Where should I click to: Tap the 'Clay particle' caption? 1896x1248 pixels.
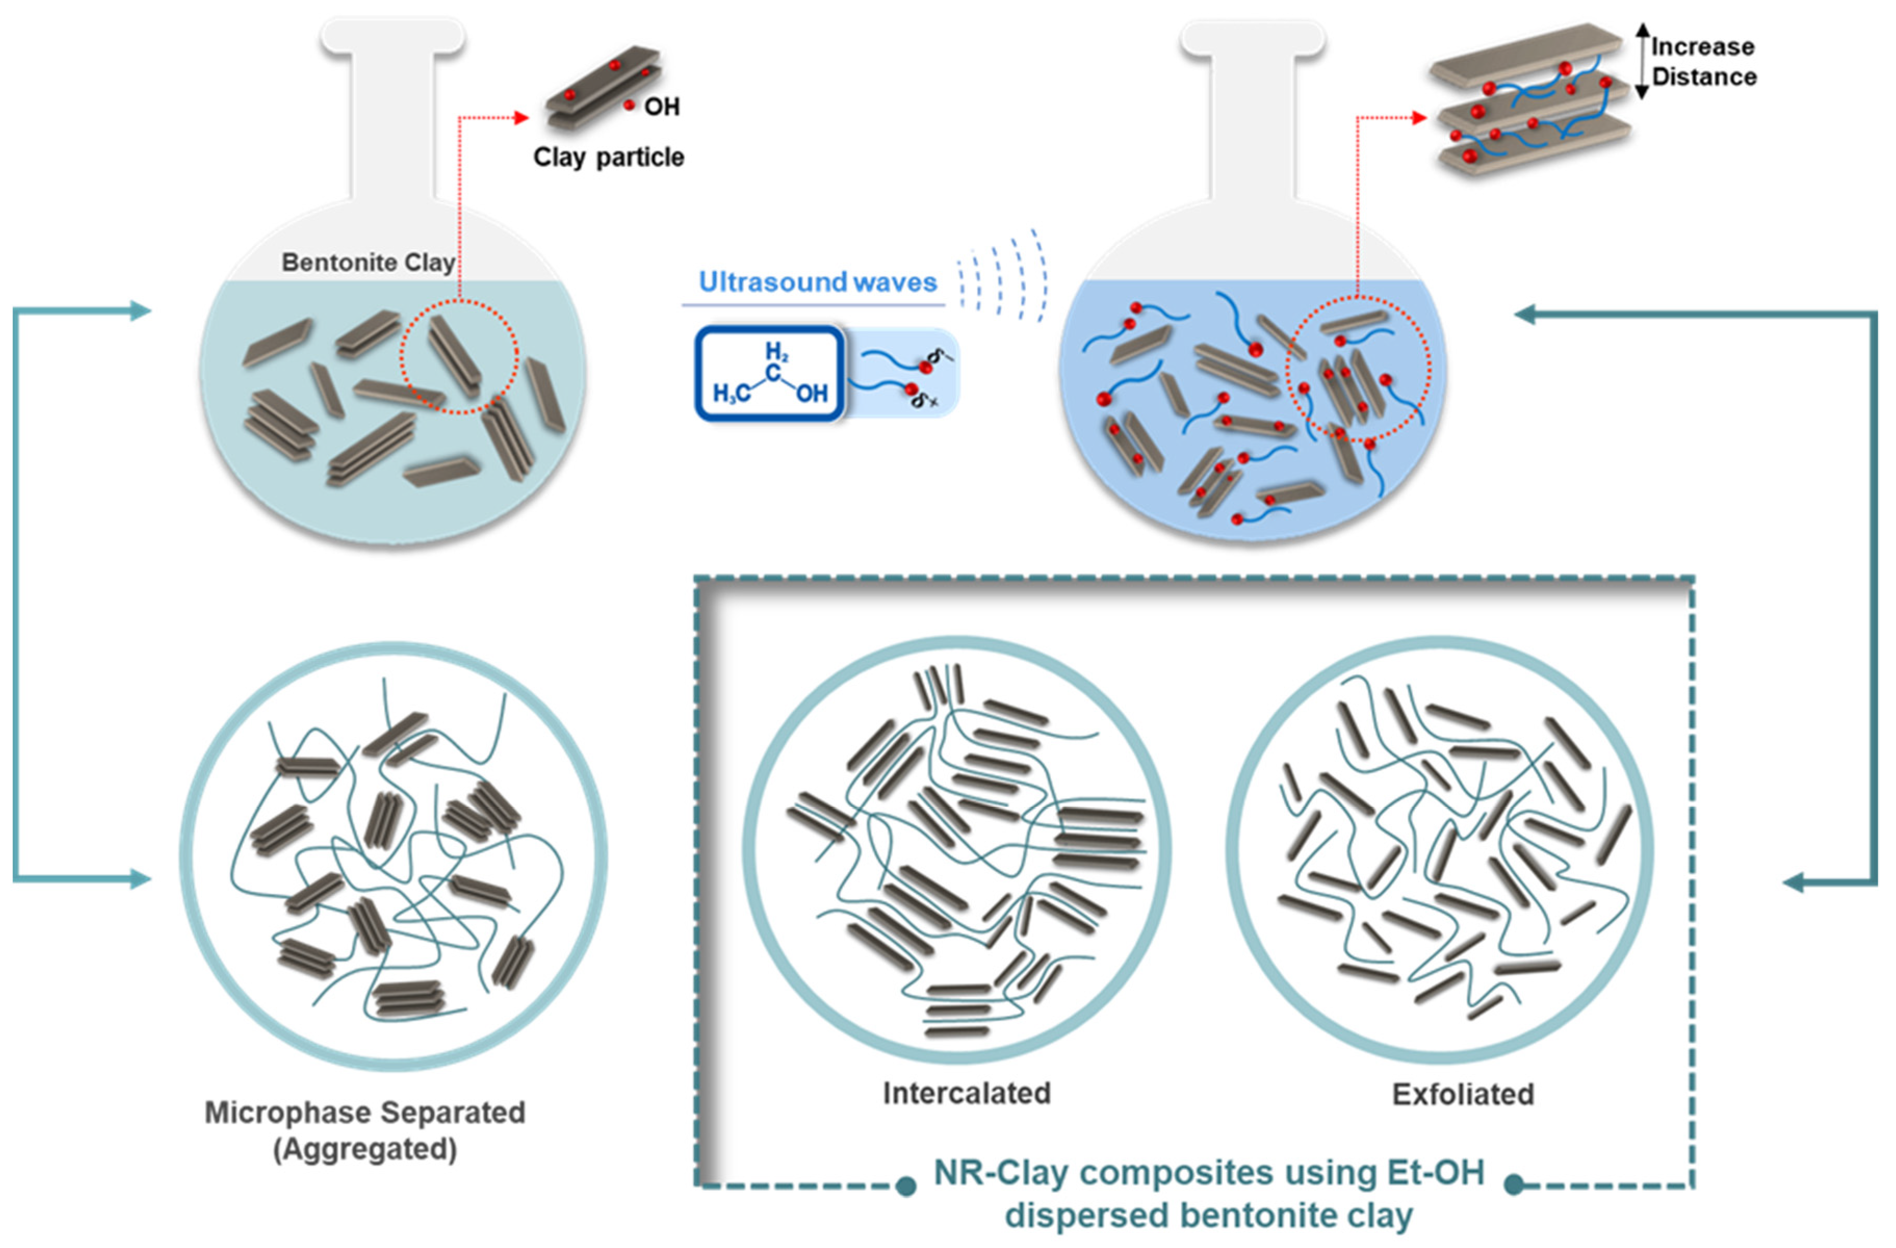(608, 157)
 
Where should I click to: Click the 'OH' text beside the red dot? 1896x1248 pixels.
(661, 107)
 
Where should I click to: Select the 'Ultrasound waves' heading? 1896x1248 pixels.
(817, 283)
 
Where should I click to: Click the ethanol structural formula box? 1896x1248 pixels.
(770, 373)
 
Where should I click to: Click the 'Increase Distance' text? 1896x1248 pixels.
(1703, 62)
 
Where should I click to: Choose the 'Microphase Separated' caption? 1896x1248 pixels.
(365, 1113)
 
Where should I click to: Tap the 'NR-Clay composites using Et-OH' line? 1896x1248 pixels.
(1209, 1173)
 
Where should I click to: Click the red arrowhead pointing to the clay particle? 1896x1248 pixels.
(522, 118)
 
